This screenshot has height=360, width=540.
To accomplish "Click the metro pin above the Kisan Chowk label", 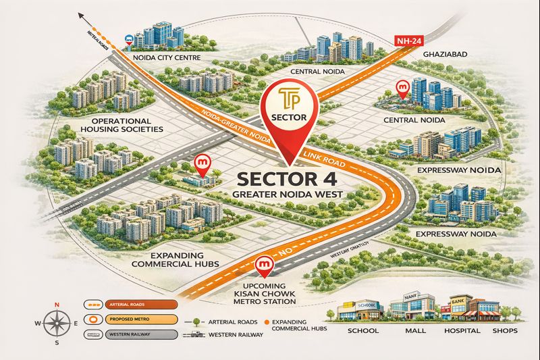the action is tap(263, 264).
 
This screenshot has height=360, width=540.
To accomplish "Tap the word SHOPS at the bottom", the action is tap(505, 331).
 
